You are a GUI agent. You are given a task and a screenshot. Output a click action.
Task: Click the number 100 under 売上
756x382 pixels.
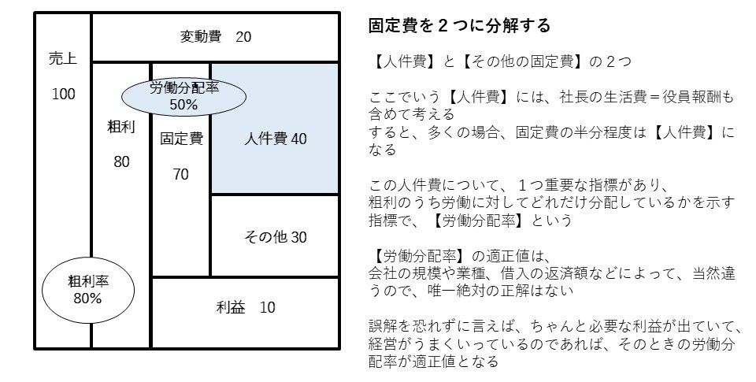[x=63, y=95]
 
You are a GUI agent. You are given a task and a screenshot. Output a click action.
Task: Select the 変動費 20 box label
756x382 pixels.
[x=216, y=37]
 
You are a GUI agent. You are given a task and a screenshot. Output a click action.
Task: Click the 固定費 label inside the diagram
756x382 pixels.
[x=181, y=139]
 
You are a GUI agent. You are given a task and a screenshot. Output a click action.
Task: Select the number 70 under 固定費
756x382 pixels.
[x=181, y=175]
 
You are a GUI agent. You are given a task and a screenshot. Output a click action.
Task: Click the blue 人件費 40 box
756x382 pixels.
[x=275, y=139]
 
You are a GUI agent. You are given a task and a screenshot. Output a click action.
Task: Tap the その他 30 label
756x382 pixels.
[x=275, y=236]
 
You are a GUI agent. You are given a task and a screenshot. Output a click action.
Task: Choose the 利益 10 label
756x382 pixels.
[x=246, y=307]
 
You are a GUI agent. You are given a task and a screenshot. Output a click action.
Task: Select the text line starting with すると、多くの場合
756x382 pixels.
[x=551, y=135]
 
